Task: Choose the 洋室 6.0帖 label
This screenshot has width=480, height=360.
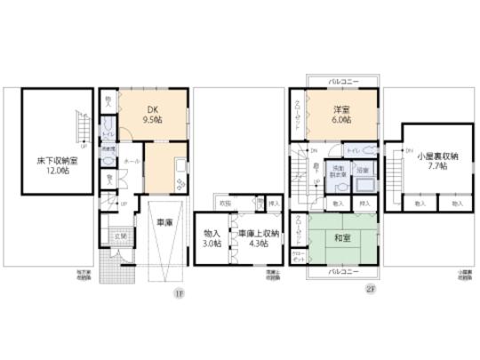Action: tap(342, 116)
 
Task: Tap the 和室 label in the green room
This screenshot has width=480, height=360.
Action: tap(342, 238)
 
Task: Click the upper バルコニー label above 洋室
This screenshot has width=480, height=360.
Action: tap(341, 82)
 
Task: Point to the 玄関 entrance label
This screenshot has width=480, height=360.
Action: tap(119, 236)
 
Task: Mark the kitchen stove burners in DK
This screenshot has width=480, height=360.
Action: tap(181, 183)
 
